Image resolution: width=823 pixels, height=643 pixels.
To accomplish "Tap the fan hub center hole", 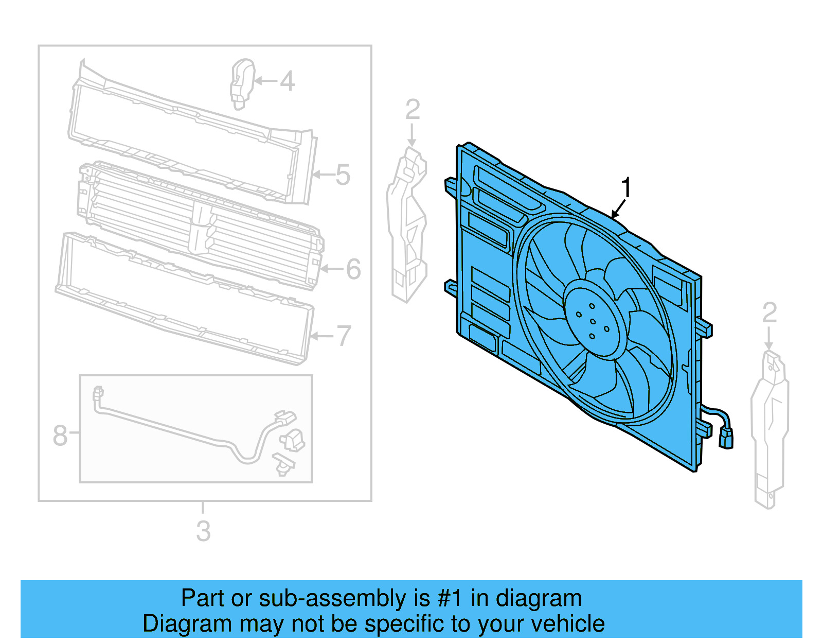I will coord(593,322).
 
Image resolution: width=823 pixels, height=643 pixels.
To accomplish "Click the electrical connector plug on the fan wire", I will coord(726,439).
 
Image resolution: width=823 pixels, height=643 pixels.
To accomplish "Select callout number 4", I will coord(287,81).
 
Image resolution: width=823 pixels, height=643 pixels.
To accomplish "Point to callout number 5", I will coord(343,175).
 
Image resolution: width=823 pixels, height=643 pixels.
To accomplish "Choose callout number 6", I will coord(353,269).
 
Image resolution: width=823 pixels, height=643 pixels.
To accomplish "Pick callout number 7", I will coord(344,336).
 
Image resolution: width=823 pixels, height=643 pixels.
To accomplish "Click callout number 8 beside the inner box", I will coord(60,435).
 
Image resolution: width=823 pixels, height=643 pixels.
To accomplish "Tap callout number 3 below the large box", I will coord(203,531).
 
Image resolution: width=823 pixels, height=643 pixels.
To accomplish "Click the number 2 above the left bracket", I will coord(413,110).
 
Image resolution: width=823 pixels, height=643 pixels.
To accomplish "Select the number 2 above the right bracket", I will coord(769,312).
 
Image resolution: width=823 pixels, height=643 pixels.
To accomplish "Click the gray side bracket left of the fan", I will coord(407,227).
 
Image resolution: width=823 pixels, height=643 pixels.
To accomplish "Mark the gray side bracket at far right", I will coord(769,427).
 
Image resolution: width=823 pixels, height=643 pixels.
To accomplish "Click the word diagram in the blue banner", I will coord(538,598).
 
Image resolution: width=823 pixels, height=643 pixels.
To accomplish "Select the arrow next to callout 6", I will coord(332,269).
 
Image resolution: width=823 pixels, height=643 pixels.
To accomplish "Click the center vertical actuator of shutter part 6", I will coord(201,229).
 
